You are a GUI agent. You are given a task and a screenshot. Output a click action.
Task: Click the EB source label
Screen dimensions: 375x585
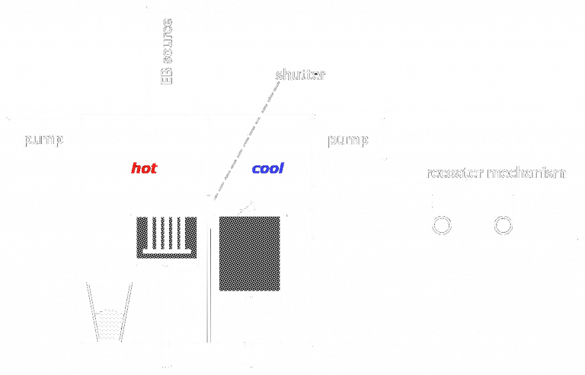(167, 51)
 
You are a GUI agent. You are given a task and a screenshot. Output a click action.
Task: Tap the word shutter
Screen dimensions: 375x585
(300, 75)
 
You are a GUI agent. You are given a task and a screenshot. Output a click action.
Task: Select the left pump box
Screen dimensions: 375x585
(43, 138)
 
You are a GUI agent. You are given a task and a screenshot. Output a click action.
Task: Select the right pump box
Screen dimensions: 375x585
(348, 139)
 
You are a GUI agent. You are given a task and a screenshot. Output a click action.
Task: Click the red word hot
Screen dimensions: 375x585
(144, 168)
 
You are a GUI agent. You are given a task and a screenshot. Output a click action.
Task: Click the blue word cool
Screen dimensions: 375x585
(267, 168)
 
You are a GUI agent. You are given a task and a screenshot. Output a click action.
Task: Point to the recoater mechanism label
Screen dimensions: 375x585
(495, 173)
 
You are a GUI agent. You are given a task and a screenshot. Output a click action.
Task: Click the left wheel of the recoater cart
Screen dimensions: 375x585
(441, 225)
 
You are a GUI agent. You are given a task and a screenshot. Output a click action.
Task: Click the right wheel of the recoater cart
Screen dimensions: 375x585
(503, 225)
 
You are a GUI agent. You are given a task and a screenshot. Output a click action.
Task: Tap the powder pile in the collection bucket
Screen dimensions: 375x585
(110, 325)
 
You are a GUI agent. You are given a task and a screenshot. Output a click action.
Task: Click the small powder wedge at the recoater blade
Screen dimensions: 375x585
(247, 207)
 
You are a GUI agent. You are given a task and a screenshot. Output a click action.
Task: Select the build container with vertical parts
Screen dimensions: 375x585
(166, 237)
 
